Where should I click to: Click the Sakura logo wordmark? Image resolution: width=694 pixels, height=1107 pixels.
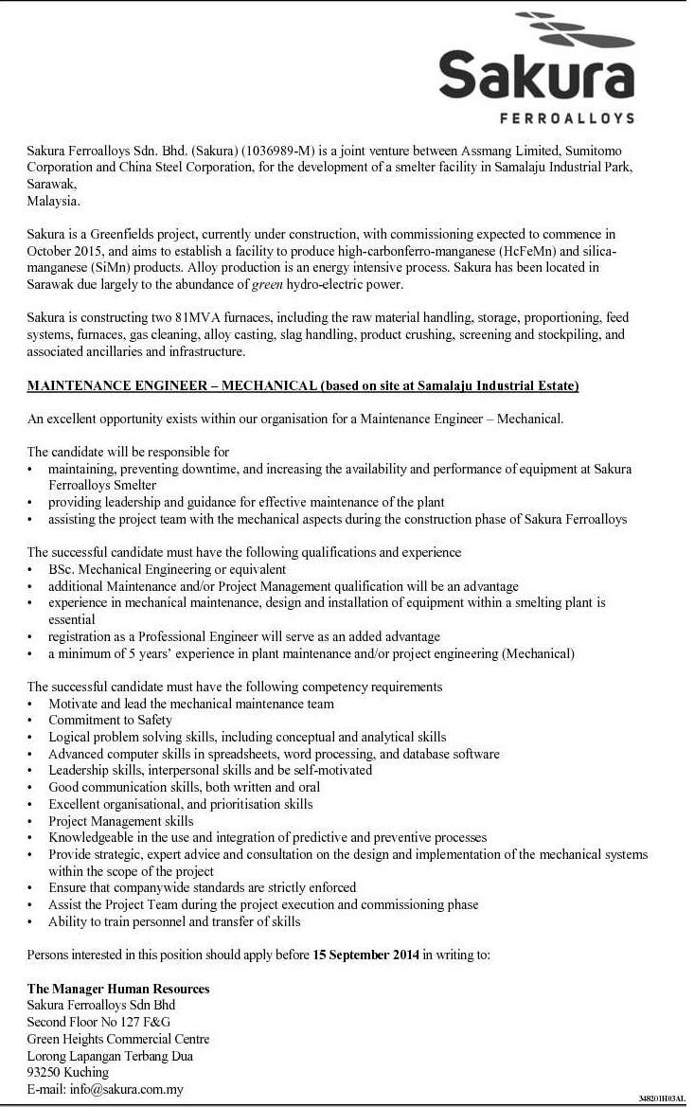click(536, 75)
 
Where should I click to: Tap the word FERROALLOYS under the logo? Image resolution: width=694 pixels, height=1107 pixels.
click(565, 118)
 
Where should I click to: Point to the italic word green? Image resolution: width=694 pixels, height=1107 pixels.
click(269, 284)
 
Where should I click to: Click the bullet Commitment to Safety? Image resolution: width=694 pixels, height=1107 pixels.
click(110, 720)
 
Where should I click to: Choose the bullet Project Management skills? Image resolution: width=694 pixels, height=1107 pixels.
click(121, 821)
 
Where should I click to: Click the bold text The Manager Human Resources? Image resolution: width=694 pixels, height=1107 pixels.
click(118, 989)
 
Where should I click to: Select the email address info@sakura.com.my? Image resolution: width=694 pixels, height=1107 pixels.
click(127, 1089)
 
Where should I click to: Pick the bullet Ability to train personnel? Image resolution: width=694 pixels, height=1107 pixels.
click(174, 921)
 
